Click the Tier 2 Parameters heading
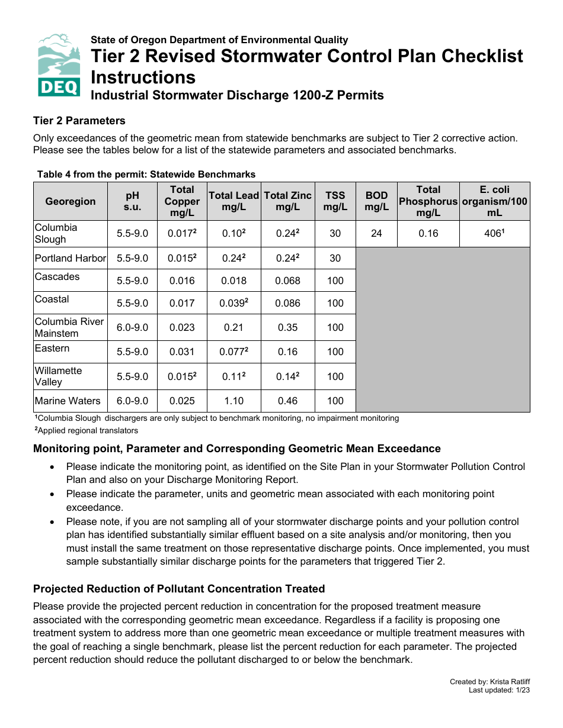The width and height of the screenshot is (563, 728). pyautogui.click(x=79, y=121)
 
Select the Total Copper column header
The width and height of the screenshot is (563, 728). pyautogui.click(x=182, y=201)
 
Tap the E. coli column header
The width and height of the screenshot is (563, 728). pyautogui.click(x=494, y=201)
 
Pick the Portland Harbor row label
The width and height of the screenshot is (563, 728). pyautogui.click(x=71, y=258)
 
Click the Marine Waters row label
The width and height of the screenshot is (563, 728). pyautogui.click(x=68, y=401)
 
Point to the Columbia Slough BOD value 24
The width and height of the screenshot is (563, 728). pyautogui.click(x=376, y=233)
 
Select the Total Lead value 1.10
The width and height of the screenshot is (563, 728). pyautogui.click(x=233, y=401)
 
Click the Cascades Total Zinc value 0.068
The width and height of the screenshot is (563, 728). pyautogui.click(x=287, y=281)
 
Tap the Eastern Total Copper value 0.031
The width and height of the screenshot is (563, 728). pyautogui.click(x=182, y=352)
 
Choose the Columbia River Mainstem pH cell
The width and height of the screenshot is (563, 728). pyautogui.click(x=132, y=327)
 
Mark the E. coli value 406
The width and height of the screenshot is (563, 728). pyautogui.click(x=494, y=233)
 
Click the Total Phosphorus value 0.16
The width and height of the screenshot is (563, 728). pyautogui.click(x=428, y=233)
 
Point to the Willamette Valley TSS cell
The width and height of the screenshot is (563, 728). pyautogui.click(x=335, y=376)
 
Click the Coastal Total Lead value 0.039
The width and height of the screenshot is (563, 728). pyautogui.click(x=233, y=303)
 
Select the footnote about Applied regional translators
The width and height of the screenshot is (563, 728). pyautogui.click(x=87, y=430)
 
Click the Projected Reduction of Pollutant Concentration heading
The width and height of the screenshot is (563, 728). pyautogui.click(x=179, y=589)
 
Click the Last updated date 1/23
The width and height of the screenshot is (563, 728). pyautogui.click(x=522, y=690)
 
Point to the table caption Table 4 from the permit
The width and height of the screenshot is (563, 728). pyautogui.click(x=146, y=174)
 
